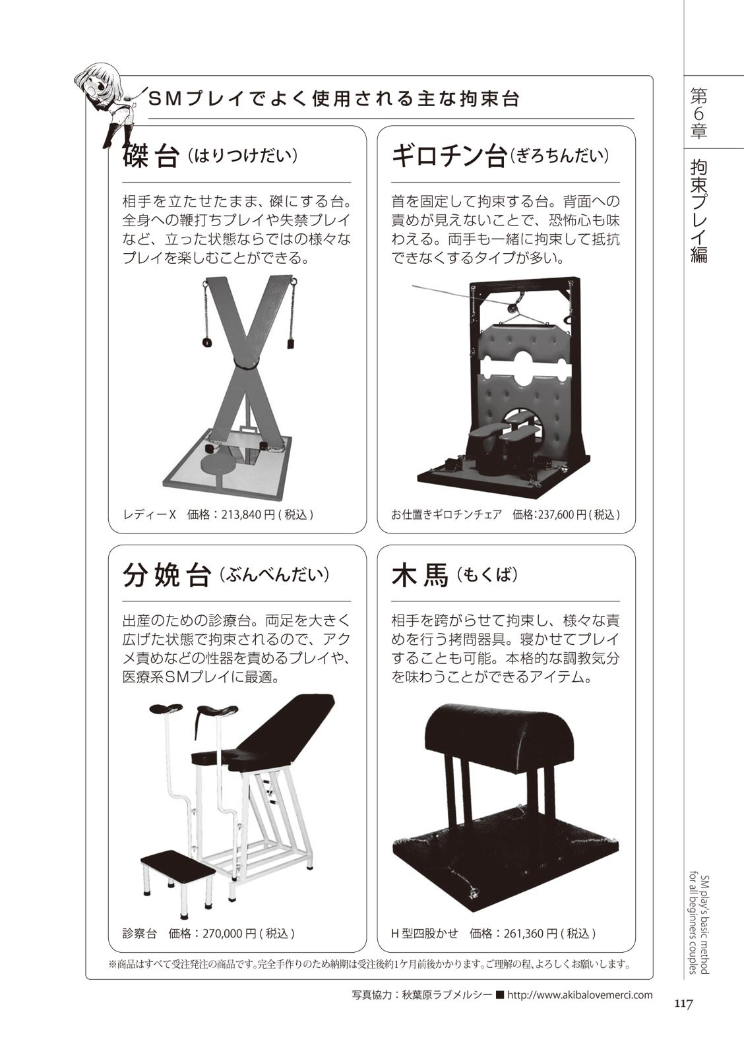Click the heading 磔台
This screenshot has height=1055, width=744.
[x=150, y=156]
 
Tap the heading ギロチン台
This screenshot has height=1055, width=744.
[x=449, y=156]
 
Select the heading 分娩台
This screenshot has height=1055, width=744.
[x=166, y=576]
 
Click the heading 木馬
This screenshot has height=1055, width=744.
[x=420, y=576]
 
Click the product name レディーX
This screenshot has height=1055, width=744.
[x=149, y=514]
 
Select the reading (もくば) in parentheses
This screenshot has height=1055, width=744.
[x=487, y=574]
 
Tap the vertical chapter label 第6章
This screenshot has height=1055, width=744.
[x=698, y=115]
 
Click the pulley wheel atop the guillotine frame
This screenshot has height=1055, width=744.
[x=511, y=309]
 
